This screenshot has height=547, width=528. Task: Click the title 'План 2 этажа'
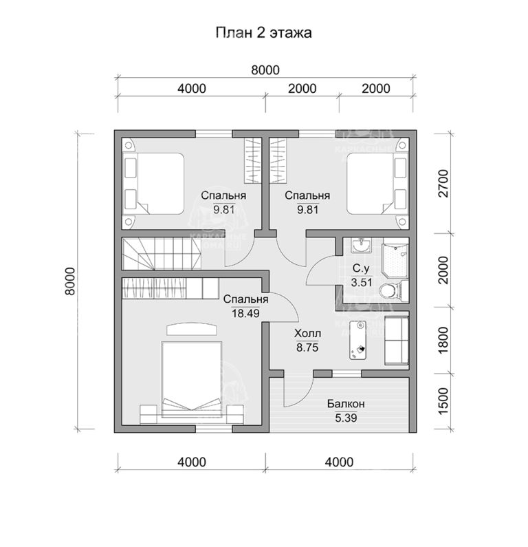point(265,33)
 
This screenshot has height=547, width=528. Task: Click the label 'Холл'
point(307,334)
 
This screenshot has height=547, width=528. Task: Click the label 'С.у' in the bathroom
point(362,268)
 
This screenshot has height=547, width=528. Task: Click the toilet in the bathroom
point(390,291)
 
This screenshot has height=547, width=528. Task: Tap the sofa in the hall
point(396,340)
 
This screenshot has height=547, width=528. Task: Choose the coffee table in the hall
point(360,340)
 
